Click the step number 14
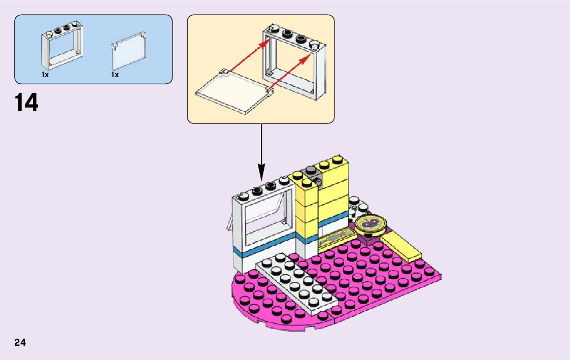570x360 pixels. [27, 103]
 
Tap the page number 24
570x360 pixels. [20, 342]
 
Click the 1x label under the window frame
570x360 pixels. [45, 75]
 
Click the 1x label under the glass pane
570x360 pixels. [115, 75]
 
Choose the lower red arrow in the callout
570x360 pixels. [289, 72]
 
